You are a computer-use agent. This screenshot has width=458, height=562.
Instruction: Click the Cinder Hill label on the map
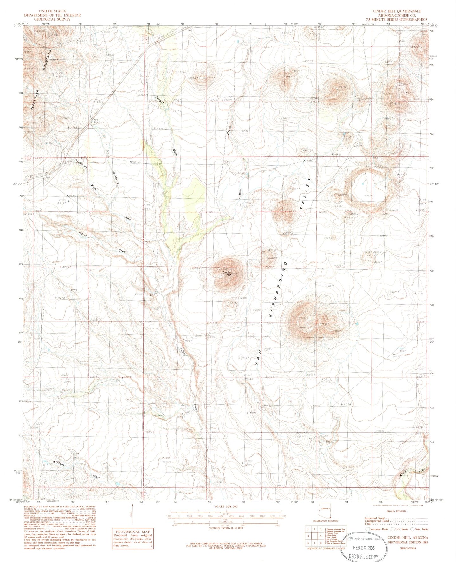(227, 274)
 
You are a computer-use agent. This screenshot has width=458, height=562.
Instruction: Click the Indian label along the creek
(240, 194)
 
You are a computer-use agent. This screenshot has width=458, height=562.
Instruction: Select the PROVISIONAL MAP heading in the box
(133, 532)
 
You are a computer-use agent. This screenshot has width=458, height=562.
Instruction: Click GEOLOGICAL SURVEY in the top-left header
(53, 19)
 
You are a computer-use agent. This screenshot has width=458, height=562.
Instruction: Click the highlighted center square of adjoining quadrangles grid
(314, 536)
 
